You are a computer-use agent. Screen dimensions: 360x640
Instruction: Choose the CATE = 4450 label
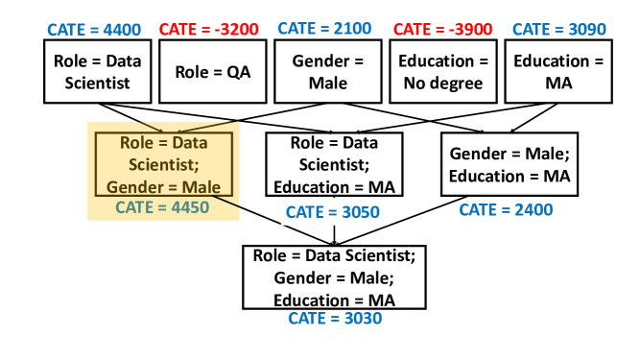pos(162,206)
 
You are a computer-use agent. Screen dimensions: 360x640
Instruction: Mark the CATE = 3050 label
pos(334,211)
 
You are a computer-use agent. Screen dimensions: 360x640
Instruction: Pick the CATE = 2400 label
pos(506,209)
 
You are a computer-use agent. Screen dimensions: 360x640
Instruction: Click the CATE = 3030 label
pos(335,318)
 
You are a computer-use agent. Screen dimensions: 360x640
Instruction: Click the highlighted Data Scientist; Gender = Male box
pos(164,164)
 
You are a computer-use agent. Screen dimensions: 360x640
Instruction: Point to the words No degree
pos(444,84)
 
